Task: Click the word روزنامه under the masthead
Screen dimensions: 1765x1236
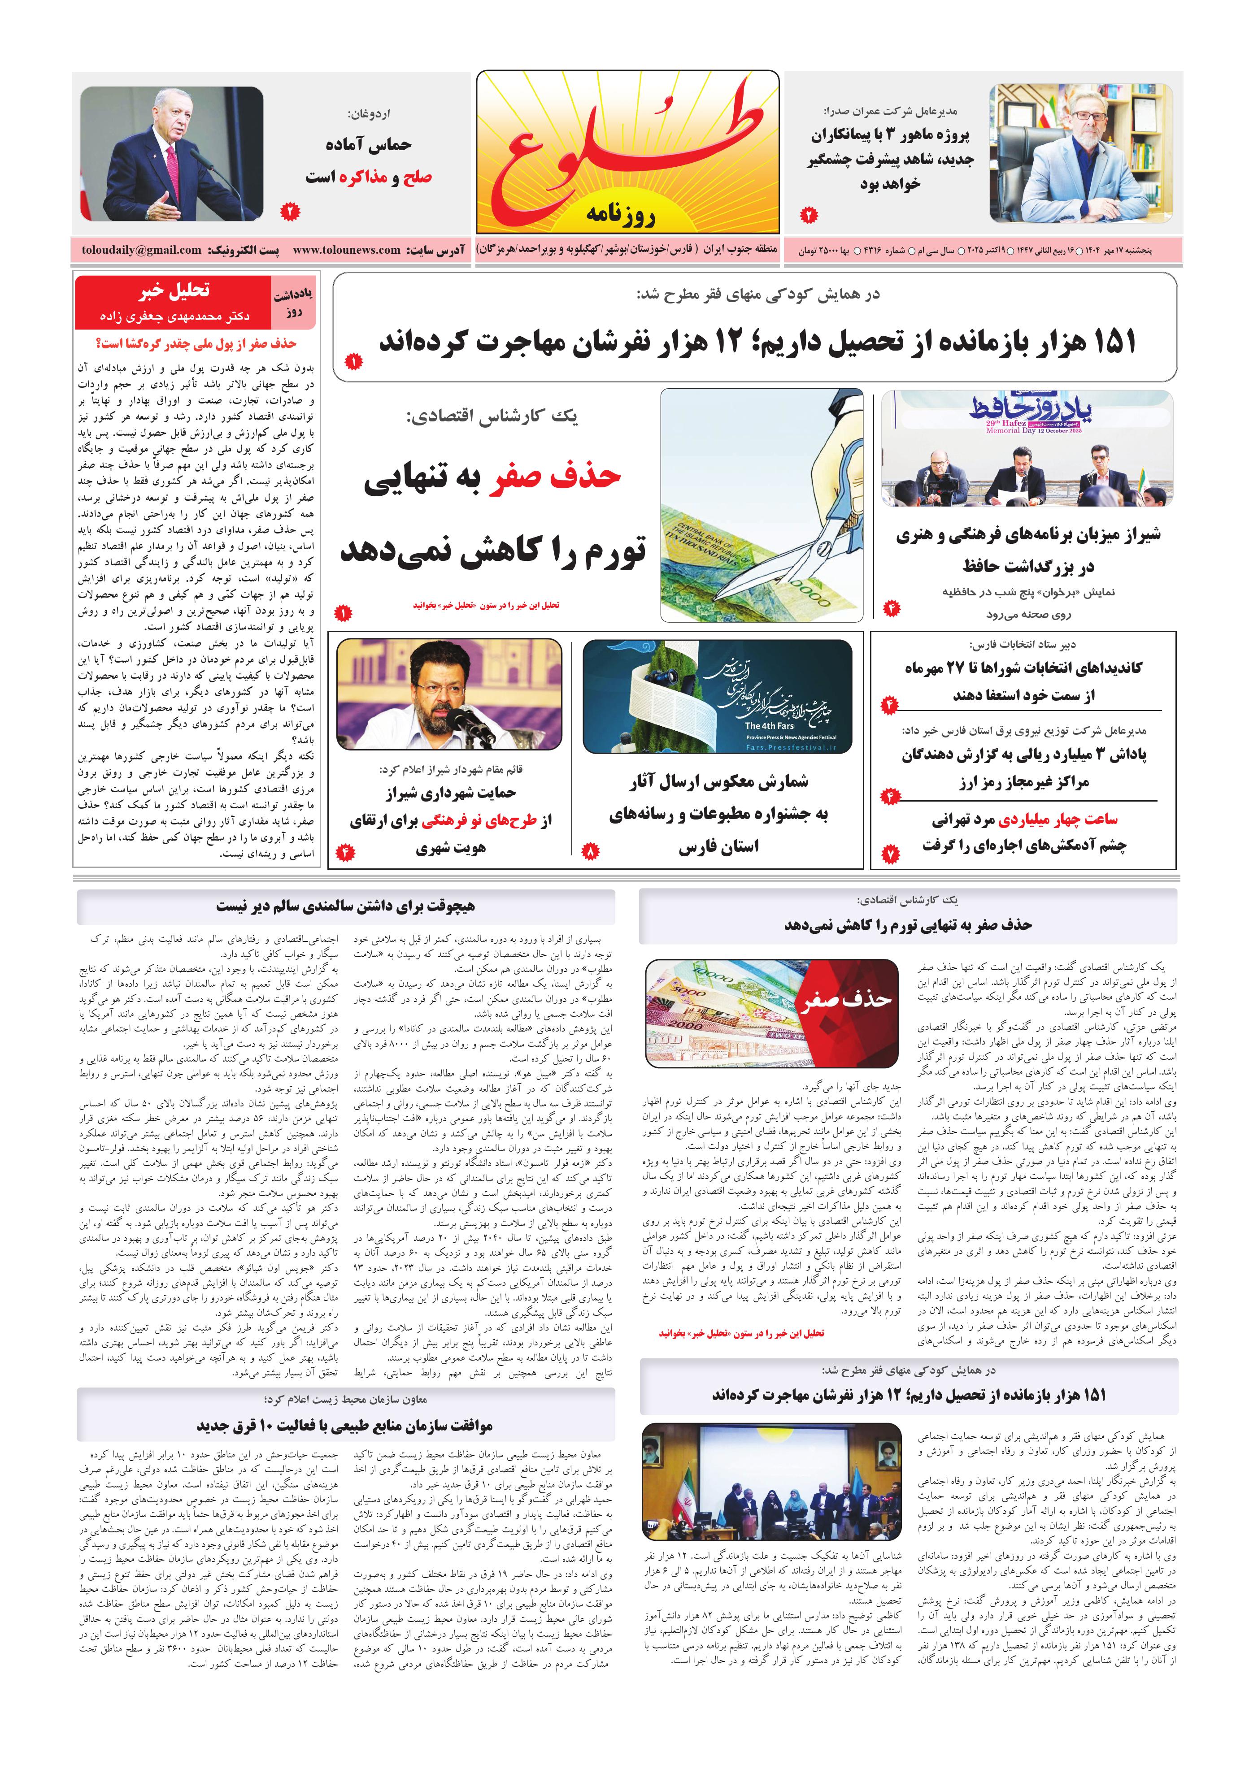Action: click(x=620, y=214)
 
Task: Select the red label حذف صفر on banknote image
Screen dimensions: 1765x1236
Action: click(x=844, y=998)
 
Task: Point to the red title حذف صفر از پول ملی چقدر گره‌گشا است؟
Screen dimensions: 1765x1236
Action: click(x=196, y=343)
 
